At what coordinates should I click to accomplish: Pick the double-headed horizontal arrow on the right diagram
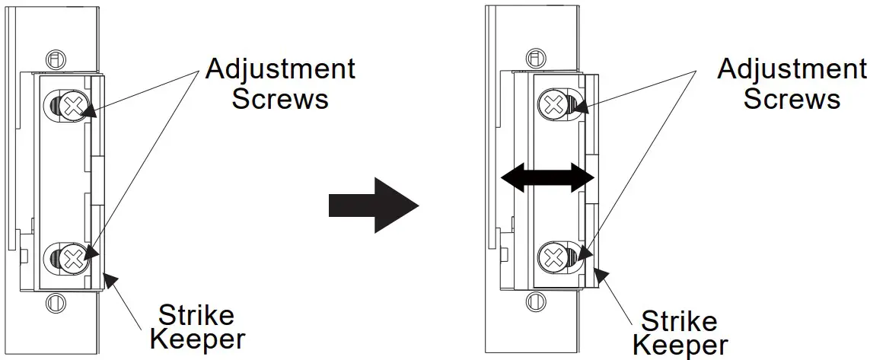[547, 177]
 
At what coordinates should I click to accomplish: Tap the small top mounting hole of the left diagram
[53, 59]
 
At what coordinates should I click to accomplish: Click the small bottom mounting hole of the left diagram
[53, 302]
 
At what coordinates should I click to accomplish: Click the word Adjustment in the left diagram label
[281, 69]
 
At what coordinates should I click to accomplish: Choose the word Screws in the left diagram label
[280, 99]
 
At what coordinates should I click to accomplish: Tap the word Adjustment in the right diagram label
[792, 69]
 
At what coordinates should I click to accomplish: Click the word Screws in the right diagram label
[792, 99]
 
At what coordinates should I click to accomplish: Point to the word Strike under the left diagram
[196, 314]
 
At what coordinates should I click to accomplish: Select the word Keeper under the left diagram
[196, 339]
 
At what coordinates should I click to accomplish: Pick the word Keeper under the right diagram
[680, 346]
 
